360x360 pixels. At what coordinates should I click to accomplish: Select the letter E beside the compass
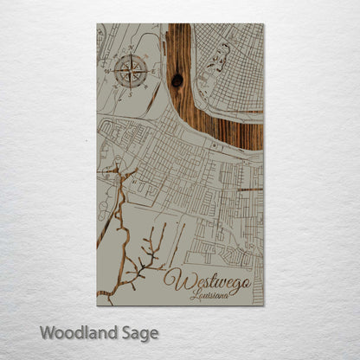152,73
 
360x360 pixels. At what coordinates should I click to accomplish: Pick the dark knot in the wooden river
177,80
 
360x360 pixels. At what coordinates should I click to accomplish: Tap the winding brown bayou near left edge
113,216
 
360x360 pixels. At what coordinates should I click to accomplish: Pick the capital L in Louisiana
196,294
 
